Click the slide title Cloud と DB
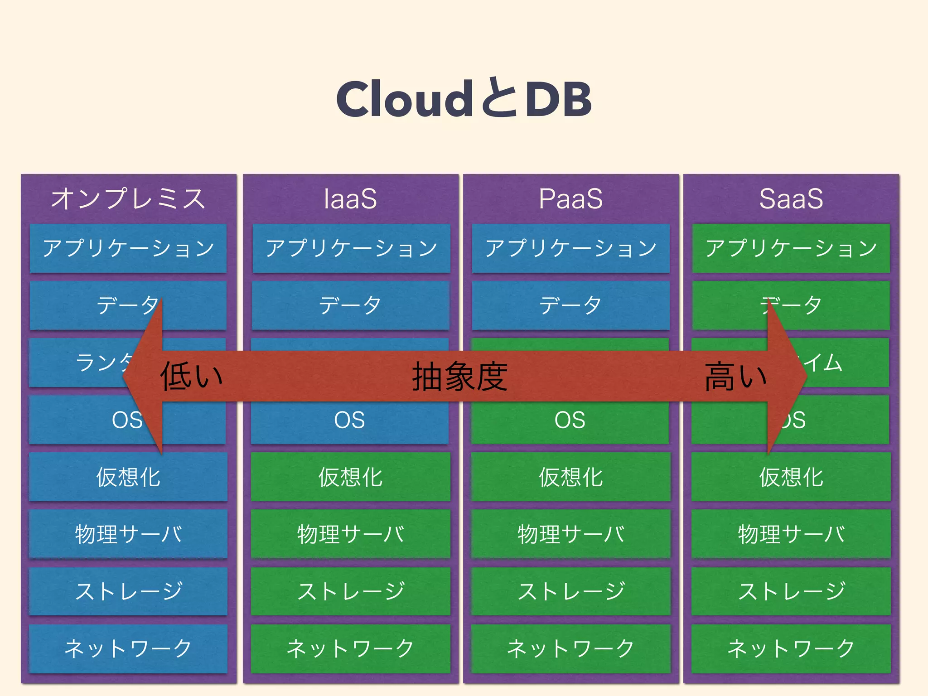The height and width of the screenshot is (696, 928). (x=464, y=99)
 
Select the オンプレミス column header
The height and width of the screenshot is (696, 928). (x=128, y=198)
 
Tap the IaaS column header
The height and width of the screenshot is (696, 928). (x=350, y=198)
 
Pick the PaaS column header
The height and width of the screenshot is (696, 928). (x=570, y=198)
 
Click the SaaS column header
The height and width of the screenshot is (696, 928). (x=791, y=198)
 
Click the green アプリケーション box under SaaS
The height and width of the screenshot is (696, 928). (x=791, y=248)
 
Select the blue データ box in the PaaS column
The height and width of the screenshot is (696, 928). (x=570, y=305)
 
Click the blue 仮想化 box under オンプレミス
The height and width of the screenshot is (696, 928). (x=128, y=477)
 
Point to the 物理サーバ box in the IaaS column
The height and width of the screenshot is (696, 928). (x=350, y=534)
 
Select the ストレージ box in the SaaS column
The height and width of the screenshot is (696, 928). (x=791, y=591)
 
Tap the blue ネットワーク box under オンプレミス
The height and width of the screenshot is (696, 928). (x=128, y=648)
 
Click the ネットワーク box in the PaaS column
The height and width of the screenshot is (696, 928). (x=570, y=648)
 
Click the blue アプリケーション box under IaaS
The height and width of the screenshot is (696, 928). (x=351, y=248)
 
